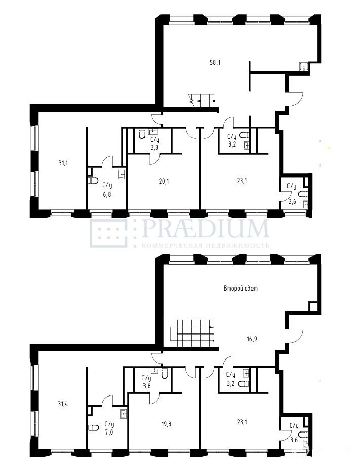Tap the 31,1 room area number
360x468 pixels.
coord(63,163)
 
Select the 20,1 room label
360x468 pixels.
coord(164,181)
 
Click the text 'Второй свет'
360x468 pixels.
coord(240,289)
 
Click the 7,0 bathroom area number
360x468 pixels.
coord(109,432)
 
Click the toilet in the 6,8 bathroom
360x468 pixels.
coord(93,181)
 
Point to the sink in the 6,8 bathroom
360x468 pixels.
coord(122,174)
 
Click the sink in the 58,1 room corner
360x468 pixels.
coord(304,67)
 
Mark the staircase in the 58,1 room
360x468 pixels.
coord(202,101)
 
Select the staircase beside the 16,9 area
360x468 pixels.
coord(193,334)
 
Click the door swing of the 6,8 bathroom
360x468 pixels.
coord(107,161)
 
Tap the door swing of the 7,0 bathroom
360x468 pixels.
coord(107,400)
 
